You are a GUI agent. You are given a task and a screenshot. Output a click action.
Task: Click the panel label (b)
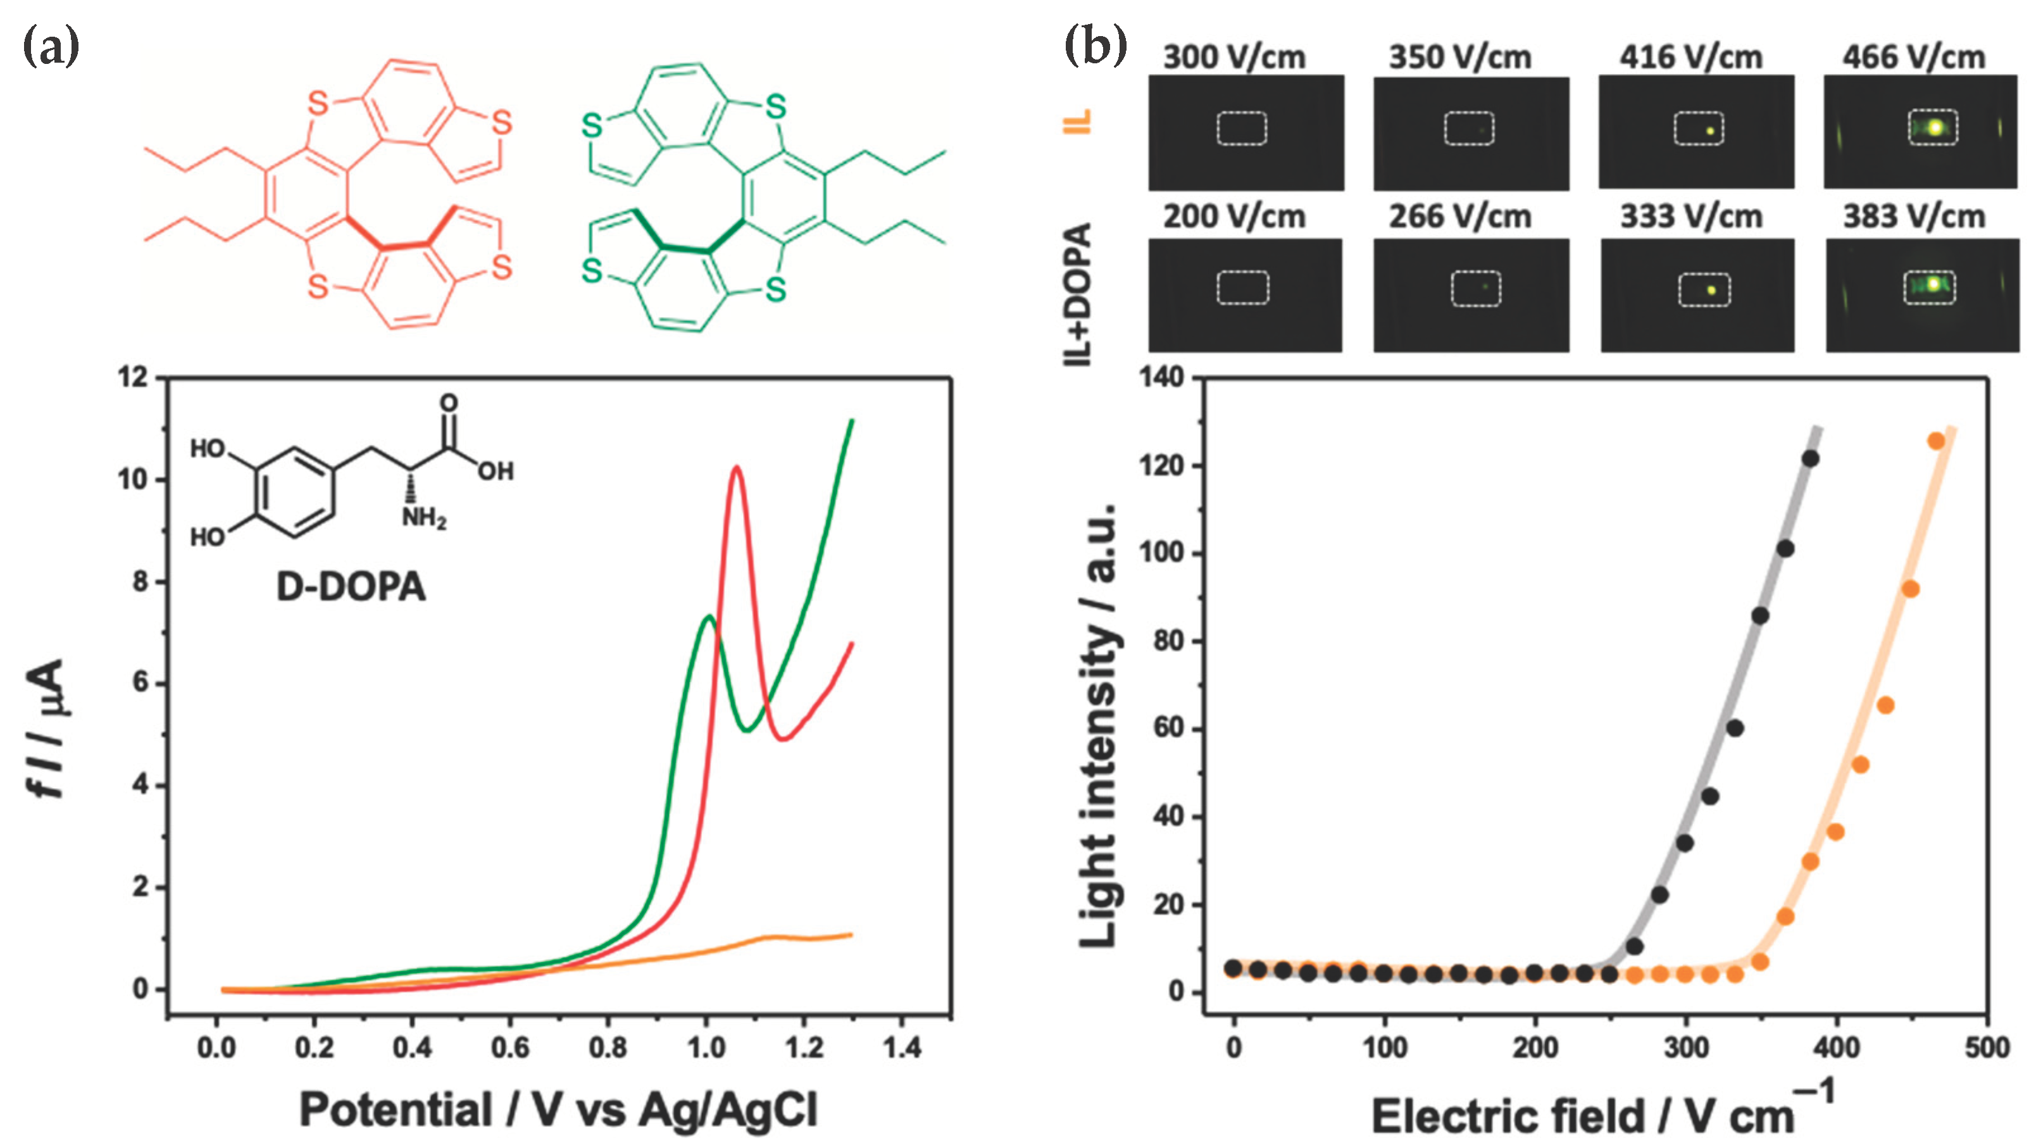1096,46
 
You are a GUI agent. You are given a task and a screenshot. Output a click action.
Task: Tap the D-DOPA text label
350,587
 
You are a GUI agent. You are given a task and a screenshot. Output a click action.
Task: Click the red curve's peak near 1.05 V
737,467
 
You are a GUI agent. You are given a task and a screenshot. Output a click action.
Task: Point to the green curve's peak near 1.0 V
709,617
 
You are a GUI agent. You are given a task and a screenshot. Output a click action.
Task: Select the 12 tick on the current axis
133,378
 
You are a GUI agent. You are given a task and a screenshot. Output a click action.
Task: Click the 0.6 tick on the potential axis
509,1048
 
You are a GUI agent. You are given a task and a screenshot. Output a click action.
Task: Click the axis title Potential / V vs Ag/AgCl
558,1110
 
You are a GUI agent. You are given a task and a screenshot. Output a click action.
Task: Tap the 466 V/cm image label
1913,57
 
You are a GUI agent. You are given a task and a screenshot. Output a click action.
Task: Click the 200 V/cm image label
1233,216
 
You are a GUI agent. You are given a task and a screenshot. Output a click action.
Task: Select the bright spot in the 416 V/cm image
1709,131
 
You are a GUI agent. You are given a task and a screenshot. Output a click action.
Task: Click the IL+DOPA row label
1078,294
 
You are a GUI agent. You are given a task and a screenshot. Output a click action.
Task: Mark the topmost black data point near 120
1810,458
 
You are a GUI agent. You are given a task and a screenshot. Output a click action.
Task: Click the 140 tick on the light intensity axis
1161,378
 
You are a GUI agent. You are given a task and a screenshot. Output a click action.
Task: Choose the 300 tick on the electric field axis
1686,1048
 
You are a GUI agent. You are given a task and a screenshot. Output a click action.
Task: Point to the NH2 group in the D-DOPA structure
423,518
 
